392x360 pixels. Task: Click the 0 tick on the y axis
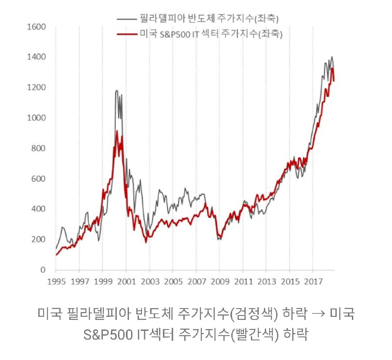tap(43, 270)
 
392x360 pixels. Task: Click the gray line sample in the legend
tap(126, 19)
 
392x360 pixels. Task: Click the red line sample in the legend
tap(126, 34)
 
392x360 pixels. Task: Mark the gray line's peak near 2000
tap(117, 91)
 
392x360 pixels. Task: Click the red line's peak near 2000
tap(117, 131)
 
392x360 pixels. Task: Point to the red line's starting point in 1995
tap(56, 255)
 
